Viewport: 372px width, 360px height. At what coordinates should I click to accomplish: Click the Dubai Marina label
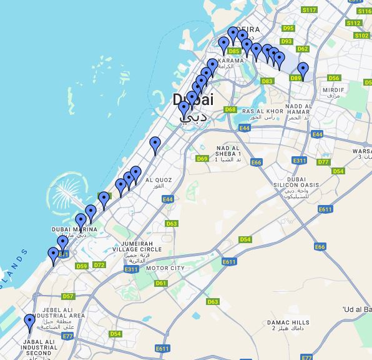(x=74, y=229)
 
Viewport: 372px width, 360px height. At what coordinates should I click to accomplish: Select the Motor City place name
(x=165, y=268)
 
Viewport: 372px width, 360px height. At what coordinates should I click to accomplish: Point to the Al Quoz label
(x=158, y=180)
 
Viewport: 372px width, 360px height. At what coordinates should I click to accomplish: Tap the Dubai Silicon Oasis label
(x=295, y=185)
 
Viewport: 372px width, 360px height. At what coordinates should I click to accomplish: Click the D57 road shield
(x=68, y=296)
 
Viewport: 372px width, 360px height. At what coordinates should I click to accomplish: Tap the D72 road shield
(x=99, y=265)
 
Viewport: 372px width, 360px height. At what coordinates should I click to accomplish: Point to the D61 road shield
(x=161, y=283)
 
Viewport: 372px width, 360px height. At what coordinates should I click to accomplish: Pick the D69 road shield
(x=202, y=159)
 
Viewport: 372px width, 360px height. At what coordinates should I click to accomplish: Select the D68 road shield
(x=230, y=109)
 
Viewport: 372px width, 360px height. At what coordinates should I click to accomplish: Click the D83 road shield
(x=268, y=81)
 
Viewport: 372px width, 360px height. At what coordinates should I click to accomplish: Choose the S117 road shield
(x=309, y=10)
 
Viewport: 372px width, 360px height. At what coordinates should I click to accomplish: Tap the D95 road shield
(x=288, y=28)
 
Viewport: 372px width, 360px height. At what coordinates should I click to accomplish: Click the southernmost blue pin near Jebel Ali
(x=29, y=323)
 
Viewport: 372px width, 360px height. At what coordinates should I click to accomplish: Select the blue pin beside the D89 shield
(x=303, y=70)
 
